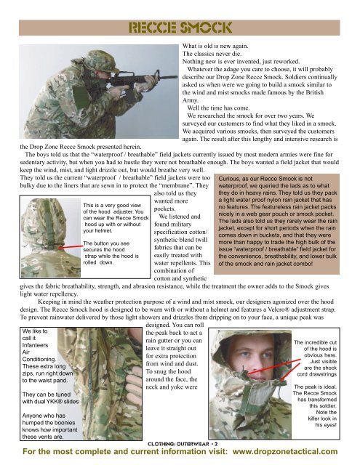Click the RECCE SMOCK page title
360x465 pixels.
click(179, 29)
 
